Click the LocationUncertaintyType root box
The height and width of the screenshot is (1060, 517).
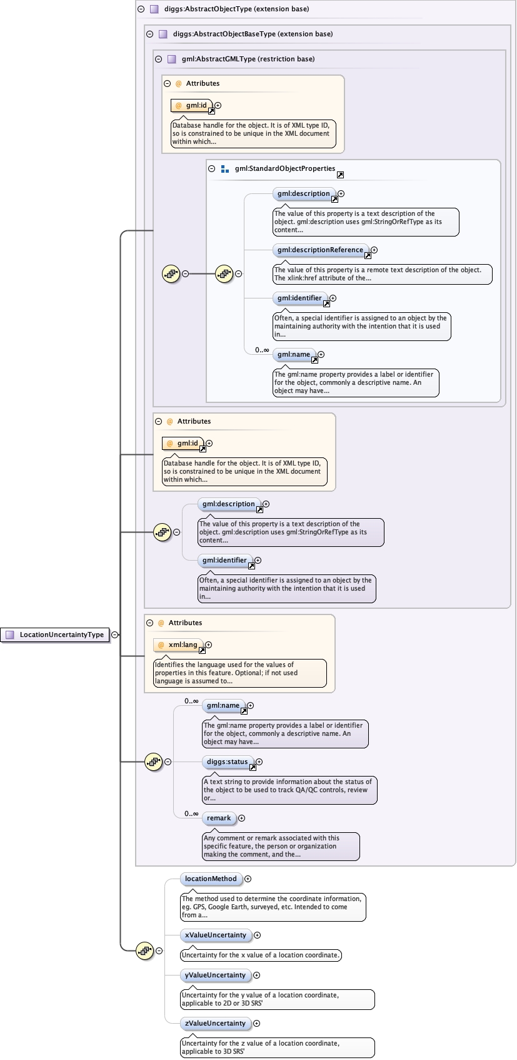coord(55,634)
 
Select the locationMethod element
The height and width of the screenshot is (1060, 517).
coord(211,879)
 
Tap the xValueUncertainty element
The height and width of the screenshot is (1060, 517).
coord(215,935)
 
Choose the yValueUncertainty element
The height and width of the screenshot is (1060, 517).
coord(215,975)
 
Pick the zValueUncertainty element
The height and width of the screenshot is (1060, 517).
coord(215,1023)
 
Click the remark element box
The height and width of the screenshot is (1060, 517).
coord(219,818)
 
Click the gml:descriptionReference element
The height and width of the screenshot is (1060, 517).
coord(320,250)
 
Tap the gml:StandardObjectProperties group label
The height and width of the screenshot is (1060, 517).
coord(285,168)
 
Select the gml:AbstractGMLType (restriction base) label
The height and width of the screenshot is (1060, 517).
coord(248,59)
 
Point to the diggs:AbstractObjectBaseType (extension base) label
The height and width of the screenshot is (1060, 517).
coord(253,34)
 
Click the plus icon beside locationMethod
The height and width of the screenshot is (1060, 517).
coord(248,879)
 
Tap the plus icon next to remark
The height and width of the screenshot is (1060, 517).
coord(241,818)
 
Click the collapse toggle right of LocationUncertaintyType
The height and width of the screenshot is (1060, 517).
coord(115,634)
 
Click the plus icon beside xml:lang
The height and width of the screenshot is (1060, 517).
coord(209,645)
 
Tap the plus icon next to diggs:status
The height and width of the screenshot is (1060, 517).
coord(259,762)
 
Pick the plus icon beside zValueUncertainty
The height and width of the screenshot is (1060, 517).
coord(256,1023)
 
